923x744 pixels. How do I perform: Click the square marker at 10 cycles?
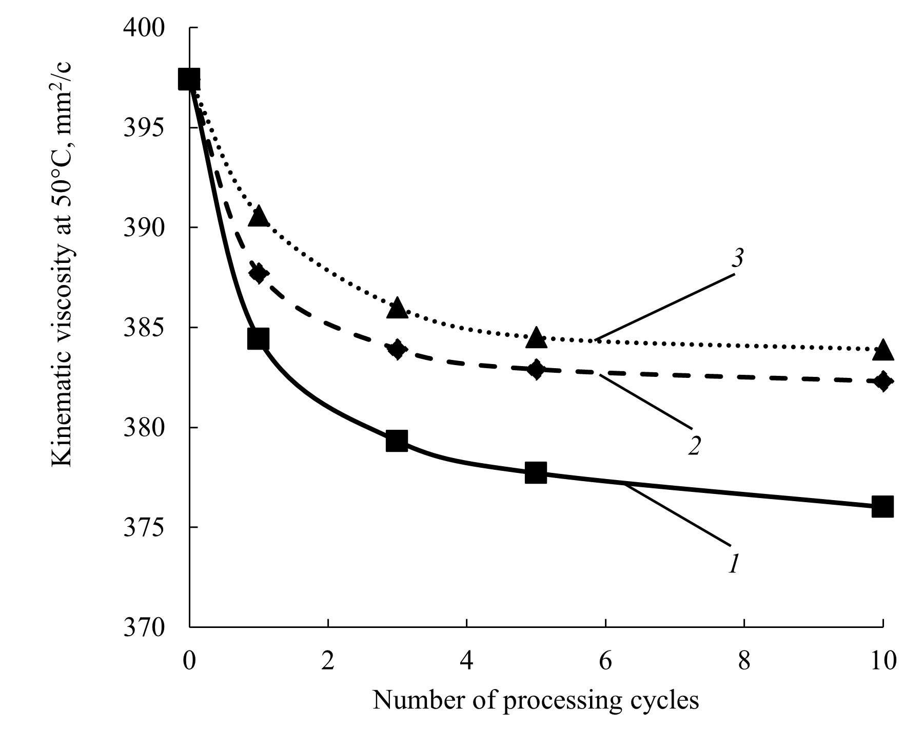pos(882,507)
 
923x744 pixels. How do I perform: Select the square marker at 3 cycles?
pos(397,441)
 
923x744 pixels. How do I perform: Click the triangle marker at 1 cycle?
pos(258,217)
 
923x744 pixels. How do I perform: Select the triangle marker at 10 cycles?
pos(882,350)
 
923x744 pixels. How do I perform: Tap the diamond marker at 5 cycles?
pos(536,369)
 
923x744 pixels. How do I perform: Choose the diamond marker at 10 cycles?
pos(882,381)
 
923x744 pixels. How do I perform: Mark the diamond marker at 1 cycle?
pos(258,273)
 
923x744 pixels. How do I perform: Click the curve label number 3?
pos(737,259)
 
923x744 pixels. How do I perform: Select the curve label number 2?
pos(695,445)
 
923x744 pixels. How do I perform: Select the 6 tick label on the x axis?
pos(605,660)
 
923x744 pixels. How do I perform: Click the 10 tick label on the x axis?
pos(882,660)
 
